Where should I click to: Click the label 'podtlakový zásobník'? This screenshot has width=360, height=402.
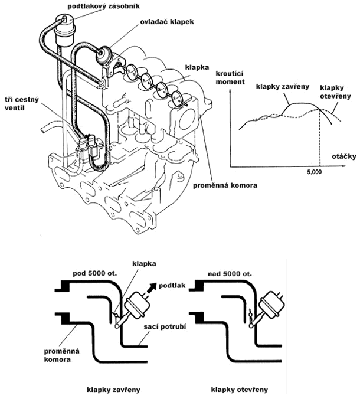click(103, 6)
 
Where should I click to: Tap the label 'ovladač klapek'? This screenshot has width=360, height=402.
click(167, 22)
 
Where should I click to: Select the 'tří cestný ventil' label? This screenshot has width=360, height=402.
click(22, 103)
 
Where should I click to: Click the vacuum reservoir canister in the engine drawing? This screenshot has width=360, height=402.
click(64, 30)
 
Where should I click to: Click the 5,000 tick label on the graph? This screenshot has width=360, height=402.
click(315, 172)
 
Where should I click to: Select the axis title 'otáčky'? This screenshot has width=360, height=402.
click(344, 156)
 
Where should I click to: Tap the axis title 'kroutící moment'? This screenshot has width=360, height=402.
click(230, 78)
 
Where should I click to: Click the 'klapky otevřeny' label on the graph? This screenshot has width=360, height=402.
click(335, 91)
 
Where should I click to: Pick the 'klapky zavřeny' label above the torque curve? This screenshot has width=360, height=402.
click(283, 86)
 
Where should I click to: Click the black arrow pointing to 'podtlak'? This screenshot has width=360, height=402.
click(149, 289)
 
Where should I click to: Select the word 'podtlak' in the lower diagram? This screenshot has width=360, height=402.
click(172, 285)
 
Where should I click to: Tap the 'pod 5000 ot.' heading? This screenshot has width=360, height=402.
click(95, 273)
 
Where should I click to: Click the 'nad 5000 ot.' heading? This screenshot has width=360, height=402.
click(230, 274)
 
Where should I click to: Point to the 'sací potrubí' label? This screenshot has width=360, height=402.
click(165, 326)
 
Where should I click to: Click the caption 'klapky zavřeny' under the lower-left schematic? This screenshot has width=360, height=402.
click(113, 390)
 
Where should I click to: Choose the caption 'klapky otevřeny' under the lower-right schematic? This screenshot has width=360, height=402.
click(240, 390)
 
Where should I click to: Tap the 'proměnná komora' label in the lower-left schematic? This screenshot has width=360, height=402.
click(61, 355)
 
